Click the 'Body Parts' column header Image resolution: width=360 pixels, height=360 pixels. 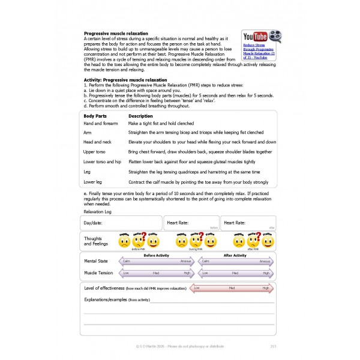click(95, 116)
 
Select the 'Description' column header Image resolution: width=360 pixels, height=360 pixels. click(141, 116)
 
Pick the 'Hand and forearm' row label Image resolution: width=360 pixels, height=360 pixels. click(102, 123)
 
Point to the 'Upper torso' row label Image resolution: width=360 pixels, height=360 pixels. click(95, 152)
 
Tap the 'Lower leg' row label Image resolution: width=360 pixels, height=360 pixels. click(94, 181)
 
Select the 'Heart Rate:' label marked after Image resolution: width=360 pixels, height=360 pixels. click(236, 223)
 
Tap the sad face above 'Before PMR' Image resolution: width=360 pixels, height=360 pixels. click(124, 242)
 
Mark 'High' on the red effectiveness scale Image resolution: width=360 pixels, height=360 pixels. click(265, 288)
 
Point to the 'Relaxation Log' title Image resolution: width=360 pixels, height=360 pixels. click(100, 212)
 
